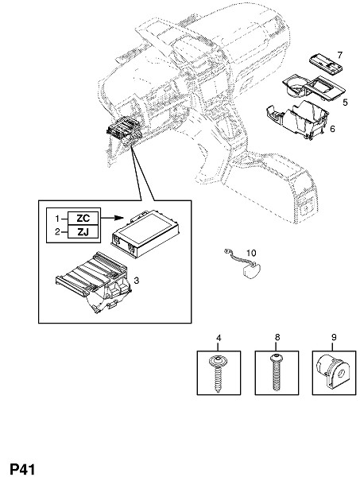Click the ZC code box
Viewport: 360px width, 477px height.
coord(83,218)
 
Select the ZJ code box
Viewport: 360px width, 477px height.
coord(83,232)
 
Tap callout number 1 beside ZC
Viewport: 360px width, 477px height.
coord(57,219)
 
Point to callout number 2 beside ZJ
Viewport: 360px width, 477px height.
coord(57,232)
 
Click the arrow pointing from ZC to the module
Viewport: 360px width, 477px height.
coord(112,218)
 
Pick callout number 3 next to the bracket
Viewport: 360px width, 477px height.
coord(137,281)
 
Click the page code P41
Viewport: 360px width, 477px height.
coord(22,469)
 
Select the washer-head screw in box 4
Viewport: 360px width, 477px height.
coord(219,373)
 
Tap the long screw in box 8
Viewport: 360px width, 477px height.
coord(277,372)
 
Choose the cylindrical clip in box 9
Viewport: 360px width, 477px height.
coord(331,372)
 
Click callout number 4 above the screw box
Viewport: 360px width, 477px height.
coord(219,338)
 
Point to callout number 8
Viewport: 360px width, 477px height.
coord(277,337)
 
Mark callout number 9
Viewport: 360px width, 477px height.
coord(334,337)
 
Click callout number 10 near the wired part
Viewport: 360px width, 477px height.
coord(251,253)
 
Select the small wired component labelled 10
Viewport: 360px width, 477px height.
coord(243,263)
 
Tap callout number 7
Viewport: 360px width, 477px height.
coord(339,55)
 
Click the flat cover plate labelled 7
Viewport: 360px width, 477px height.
coord(326,64)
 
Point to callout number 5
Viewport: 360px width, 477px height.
coord(345,103)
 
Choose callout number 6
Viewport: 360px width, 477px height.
coord(332,129)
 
